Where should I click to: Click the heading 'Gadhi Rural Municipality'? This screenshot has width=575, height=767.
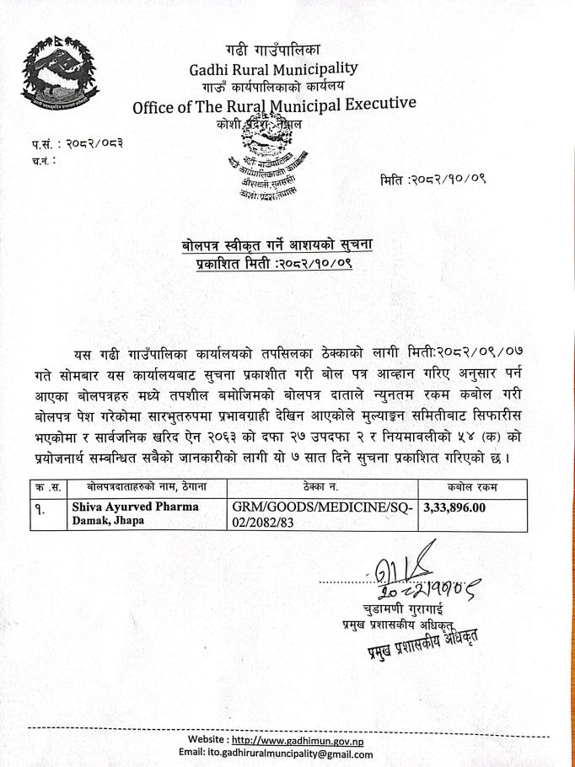[273, 68]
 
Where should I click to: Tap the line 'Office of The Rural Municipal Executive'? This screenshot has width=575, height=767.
[274, 105]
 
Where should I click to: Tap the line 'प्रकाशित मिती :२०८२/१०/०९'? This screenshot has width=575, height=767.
[282, 263]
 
